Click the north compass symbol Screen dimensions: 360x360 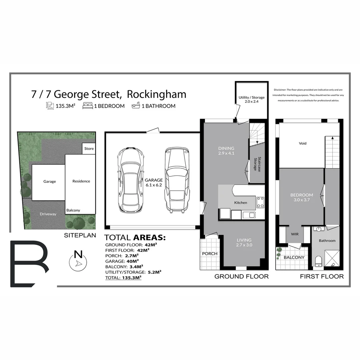78,261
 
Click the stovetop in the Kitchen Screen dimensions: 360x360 260,202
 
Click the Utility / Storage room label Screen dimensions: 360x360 252,99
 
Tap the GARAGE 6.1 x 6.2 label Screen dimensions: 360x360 154,182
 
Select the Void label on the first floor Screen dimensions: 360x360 303,143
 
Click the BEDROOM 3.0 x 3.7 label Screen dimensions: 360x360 302,197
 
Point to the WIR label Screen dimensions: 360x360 295,234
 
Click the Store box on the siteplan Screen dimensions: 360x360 89,149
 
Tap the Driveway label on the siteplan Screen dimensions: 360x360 48,214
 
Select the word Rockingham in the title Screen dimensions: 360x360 157,94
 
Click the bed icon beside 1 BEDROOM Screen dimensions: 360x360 88,106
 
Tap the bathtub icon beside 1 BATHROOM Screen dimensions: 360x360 135,106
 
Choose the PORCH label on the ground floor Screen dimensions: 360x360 210,254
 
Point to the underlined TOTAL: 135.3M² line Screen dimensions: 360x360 123,277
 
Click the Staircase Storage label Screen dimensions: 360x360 257,164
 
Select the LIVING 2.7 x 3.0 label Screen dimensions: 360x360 244,242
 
